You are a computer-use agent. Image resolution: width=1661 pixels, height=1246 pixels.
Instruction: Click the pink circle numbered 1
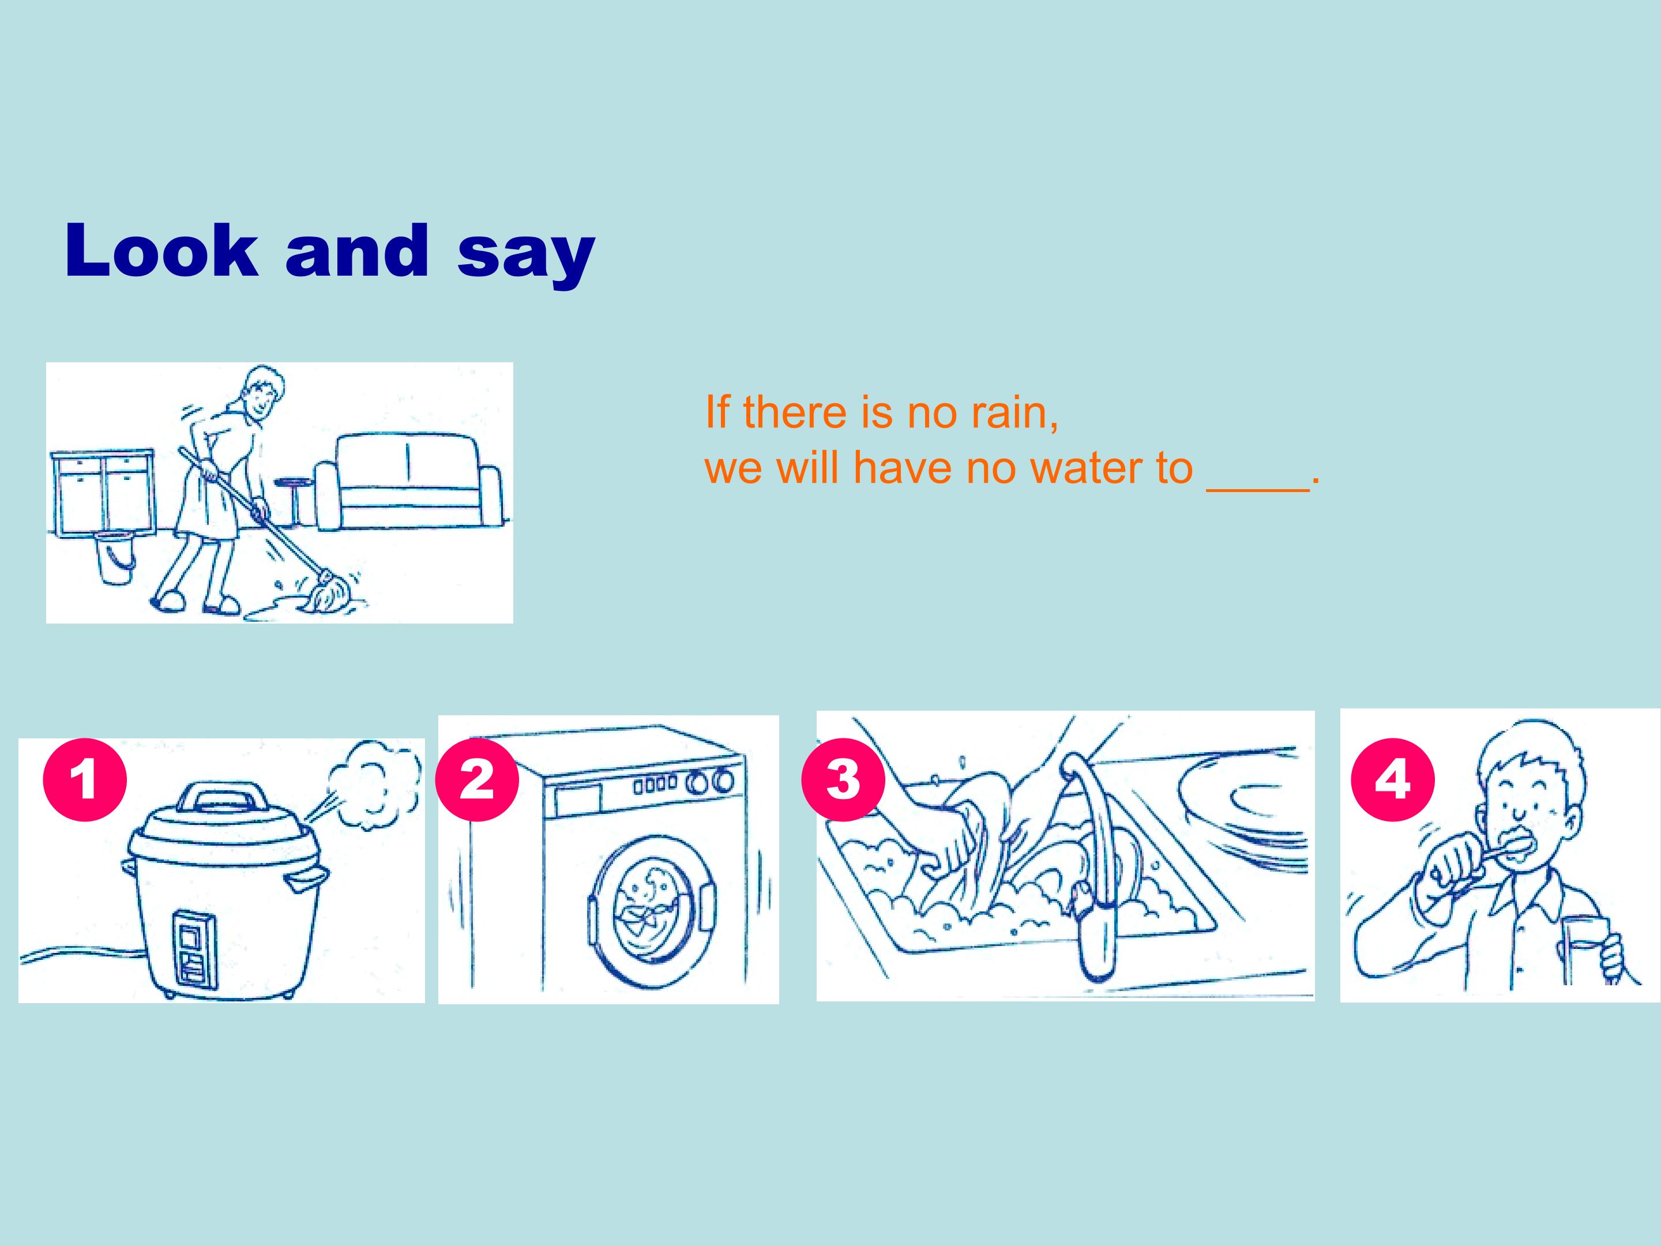tap(84, 779)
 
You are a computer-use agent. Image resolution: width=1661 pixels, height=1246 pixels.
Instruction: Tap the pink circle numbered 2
tap(477, 779)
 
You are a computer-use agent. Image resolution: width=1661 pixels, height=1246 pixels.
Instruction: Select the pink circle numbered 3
tap(843, 779)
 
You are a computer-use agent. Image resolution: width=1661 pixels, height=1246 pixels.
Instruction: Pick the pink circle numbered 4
tap(1392, 779)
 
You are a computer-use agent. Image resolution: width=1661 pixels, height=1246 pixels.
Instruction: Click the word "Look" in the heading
tap(162, 250)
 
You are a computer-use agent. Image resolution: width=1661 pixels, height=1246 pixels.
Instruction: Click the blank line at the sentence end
tap(1258, 488)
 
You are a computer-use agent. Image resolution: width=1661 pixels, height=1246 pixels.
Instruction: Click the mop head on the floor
tap(328, 592)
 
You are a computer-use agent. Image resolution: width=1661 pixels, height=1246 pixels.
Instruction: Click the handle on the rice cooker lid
tap(224, 796)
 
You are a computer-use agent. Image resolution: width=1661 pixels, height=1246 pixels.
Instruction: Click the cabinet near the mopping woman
tap(103, 492)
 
